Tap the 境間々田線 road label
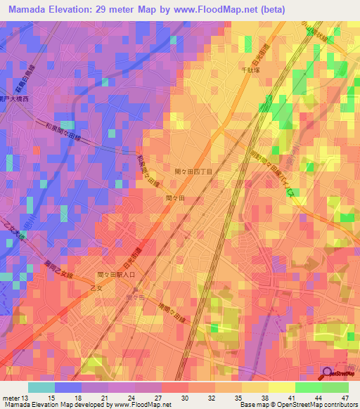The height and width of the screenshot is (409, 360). (169, 290)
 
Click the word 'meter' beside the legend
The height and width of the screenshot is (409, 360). (11, 397)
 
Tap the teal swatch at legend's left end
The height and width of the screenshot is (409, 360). (41, 387)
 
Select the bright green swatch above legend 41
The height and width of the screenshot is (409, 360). (309, 387)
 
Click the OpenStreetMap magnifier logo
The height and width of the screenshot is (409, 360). (326, 374)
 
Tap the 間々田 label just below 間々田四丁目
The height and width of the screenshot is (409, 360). (174, 199)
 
